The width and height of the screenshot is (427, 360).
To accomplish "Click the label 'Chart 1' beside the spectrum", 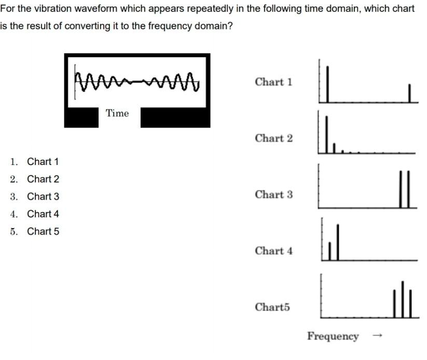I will [x=273, y=82].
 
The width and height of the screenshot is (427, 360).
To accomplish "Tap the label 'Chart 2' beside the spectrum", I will [x=273, y=139].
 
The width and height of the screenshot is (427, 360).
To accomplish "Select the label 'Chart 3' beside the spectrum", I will [x=273, y=195].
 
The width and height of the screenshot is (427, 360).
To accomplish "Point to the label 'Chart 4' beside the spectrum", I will [x=273, y=251].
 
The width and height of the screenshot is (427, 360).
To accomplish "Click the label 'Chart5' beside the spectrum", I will [x=272, y=307].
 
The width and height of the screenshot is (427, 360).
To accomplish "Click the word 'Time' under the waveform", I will [x=117, y=113].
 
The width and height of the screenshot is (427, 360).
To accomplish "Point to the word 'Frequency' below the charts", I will [x=333, y=336].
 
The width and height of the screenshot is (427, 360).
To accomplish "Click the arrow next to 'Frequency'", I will [x=377, y=336].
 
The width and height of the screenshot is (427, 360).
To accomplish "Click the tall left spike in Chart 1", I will [x=327, y=83].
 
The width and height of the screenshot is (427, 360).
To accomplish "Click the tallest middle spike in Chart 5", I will [x=402, y=299].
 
